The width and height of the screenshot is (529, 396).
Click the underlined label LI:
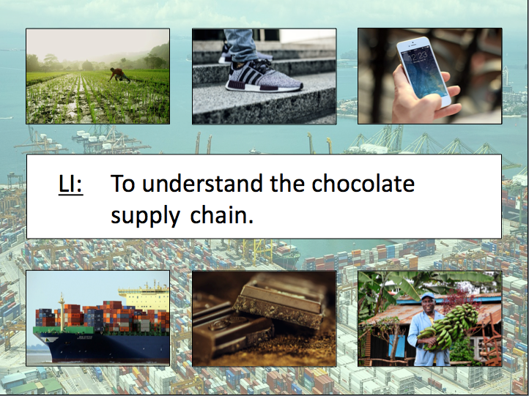[x=70, y=184]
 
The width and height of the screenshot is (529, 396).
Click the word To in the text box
[x=123, y=183]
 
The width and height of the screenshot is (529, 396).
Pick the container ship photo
[x=97, y=318]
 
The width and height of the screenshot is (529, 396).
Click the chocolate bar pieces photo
[x=264, y=318]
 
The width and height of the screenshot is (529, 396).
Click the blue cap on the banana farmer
[x=426, y=296]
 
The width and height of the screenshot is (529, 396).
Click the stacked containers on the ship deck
[x=81, y=315]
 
